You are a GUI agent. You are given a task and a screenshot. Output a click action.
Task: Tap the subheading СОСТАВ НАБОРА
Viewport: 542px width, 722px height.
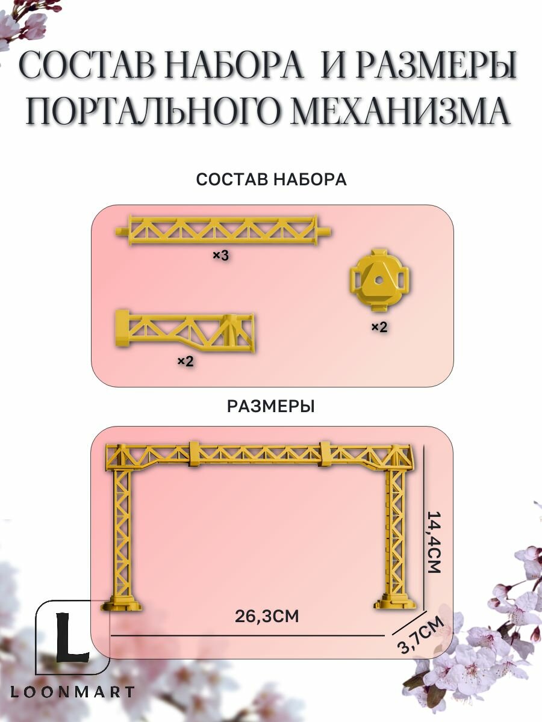271,179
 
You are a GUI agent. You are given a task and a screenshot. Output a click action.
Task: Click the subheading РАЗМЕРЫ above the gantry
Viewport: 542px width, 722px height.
271,407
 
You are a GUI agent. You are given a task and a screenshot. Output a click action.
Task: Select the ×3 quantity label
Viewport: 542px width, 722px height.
220,256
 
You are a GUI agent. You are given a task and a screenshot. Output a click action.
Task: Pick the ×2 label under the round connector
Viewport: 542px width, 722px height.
379,327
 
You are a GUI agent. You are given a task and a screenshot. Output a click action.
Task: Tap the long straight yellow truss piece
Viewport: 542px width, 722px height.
223,230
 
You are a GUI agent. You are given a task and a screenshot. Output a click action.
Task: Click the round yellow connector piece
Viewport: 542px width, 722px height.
379,280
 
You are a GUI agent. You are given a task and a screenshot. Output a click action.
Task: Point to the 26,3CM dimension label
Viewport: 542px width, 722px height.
267,616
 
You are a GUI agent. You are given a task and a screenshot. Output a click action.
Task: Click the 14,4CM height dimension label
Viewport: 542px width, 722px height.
434,541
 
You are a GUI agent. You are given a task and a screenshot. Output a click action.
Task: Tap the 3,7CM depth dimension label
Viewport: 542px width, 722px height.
421,635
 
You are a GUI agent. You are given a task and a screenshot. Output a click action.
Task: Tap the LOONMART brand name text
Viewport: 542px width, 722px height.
72,692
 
